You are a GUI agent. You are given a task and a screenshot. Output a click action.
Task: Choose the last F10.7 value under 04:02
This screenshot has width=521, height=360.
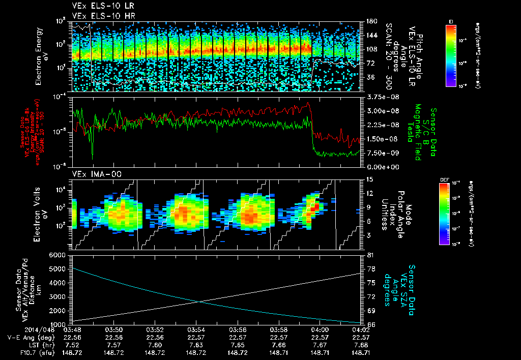pyautogui.click(x=360, y=352)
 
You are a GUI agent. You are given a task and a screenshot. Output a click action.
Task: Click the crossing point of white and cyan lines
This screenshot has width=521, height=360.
pyautogui.click(x=198, y=302)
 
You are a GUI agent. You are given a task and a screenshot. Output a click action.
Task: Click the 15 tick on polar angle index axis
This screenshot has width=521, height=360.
pyautogui.click(x=369, y=179)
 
